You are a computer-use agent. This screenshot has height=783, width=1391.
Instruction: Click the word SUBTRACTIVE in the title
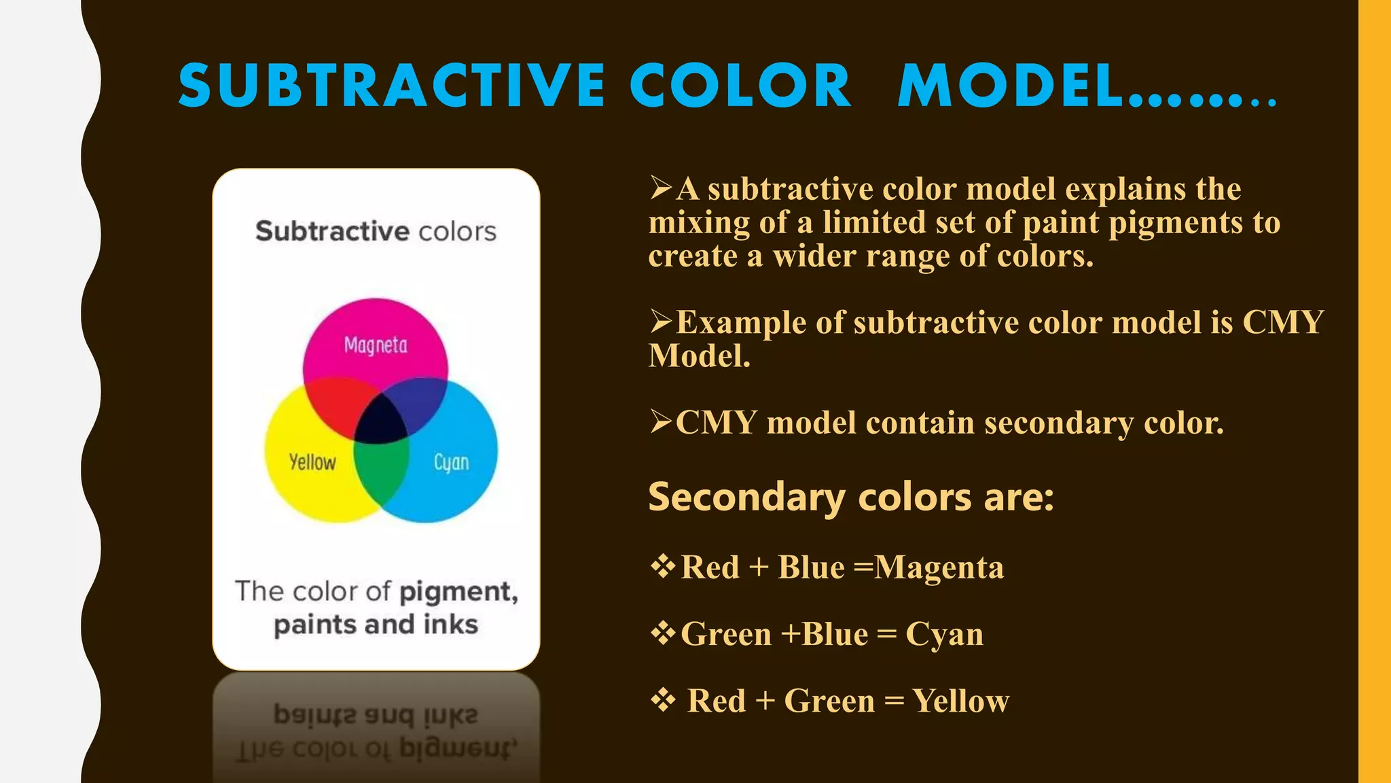point(392,86)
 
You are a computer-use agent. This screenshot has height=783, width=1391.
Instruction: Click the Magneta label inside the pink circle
point(376,345)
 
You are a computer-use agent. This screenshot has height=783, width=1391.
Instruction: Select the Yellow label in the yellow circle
point(312,462)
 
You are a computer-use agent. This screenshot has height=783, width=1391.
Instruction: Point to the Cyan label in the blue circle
point(451,463)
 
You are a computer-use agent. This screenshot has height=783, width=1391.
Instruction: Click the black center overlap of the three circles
point(380,421)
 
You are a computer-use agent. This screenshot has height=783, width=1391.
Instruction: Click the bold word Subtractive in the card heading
point(332,232)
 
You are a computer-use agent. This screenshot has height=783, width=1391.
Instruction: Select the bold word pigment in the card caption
point(458,592)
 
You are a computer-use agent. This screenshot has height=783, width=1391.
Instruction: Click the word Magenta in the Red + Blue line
point(939,568)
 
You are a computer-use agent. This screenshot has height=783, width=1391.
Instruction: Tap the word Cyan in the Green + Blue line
point(944,634)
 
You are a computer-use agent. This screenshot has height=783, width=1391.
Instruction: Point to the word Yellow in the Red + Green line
point(960,701)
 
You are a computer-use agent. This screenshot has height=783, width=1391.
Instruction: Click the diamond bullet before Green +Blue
point(663,633)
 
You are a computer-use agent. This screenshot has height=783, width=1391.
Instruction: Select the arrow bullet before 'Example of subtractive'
point(661,321)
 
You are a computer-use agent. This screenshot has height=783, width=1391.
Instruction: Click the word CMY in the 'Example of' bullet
point(1283,322)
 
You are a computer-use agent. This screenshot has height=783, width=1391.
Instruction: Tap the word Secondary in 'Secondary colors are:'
point(746,497)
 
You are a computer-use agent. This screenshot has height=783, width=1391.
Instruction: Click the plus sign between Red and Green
point(765,701)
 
